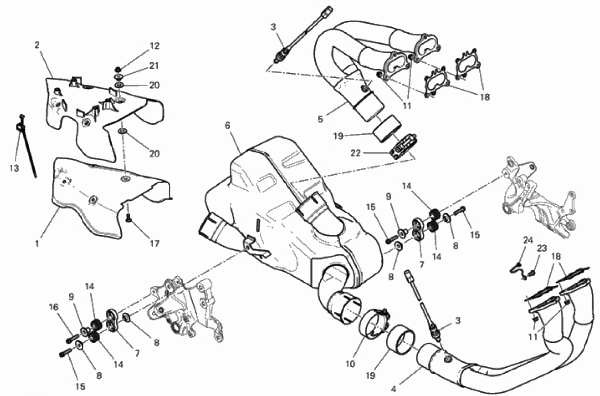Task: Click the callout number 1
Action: click(x=37, y=243)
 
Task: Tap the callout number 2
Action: click(x=37, y=45)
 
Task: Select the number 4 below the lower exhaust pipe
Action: click(x=394, y=390)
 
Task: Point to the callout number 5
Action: click(x=320, y=119)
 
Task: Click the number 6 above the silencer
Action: click(x=228, y=126)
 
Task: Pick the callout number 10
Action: click(x=351, y=363)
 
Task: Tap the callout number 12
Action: click(x=154, y=46)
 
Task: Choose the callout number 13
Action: click(x=14, y=168)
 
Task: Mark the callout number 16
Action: click(x=54, y=307)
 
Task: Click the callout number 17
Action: click(x=154, y=243)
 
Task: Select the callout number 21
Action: click(x=154, y=66)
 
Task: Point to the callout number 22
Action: click(x=355, y=153)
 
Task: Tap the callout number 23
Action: click(x=542, y=249)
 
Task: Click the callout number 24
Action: click(x=528, y=240)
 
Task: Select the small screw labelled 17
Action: click(x=128, y=218)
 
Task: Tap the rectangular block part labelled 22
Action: click(x=404, y=145)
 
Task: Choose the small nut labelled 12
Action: click(x=118, y=69)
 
